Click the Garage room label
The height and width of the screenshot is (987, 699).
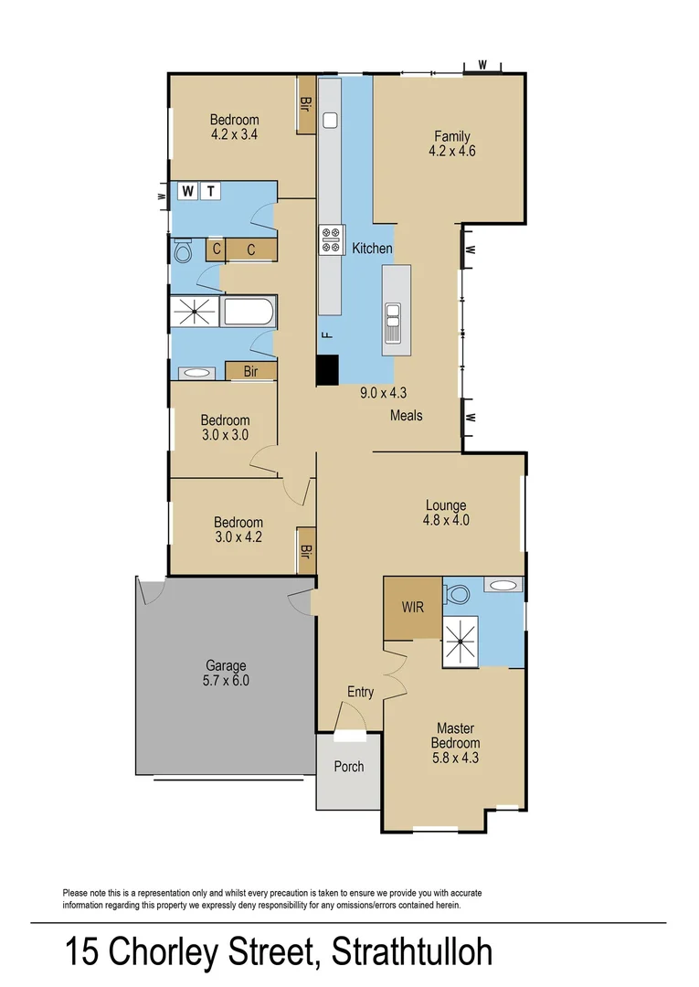(x=225, y=673)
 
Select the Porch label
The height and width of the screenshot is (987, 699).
(x=349, y=766)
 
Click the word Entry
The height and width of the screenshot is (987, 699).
(x=360, y=692)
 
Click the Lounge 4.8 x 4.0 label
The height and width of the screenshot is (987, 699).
(x=446, y=513)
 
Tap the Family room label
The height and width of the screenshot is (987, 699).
(x=452, y=144)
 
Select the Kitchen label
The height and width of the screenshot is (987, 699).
(x=372, y=248)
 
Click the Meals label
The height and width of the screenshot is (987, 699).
(x=407, y=415)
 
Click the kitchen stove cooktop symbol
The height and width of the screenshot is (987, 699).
(x=331, y=240)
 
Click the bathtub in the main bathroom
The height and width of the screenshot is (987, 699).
(x=249, y=313)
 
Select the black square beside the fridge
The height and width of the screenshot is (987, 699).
(x=327, y=369)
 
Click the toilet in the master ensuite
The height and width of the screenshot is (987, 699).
(x=456, y=594)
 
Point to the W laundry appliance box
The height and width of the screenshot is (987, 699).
(x=188, y=191)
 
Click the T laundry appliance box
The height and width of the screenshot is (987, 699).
(x=210, y=191)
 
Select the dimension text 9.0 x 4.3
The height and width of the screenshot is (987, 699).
(x=383, y=393)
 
